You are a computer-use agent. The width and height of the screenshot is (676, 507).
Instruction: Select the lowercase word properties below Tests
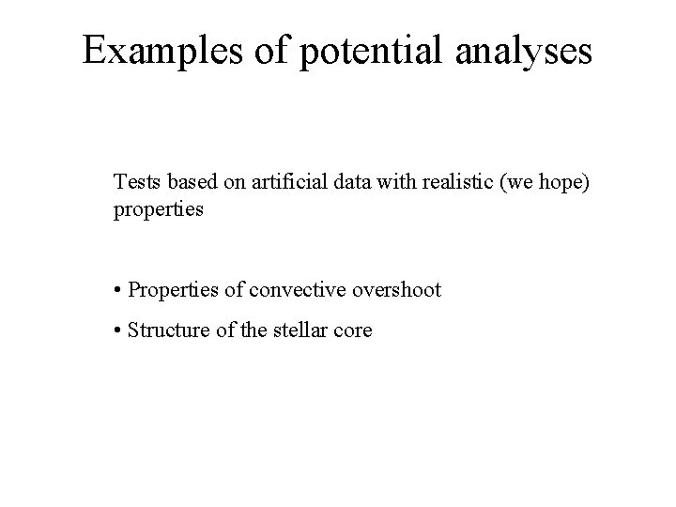158,209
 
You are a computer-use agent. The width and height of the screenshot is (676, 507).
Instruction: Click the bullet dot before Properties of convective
118,291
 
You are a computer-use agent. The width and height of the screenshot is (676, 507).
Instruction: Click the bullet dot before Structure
118,330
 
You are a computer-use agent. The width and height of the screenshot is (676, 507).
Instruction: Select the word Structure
166,330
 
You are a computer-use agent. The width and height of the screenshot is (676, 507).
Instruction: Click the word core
352,330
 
